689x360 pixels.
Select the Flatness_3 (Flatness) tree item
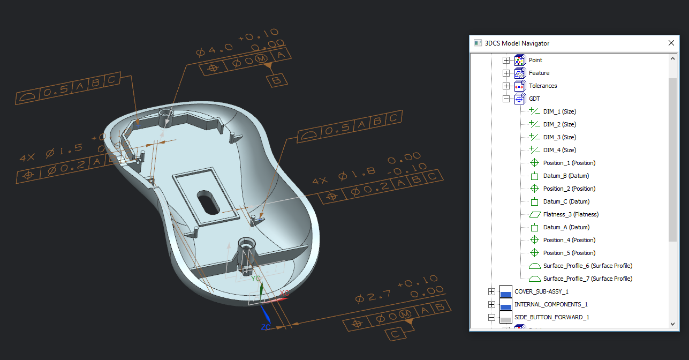[x=571, y=214]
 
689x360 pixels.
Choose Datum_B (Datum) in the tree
[x=566, y=176]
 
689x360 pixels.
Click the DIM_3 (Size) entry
[x=559, y=137]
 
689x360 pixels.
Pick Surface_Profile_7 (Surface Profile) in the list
[x=587, y=279]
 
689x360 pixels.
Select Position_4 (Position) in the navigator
[x=569, y=240]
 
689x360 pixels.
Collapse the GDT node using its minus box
[x=506, y=99]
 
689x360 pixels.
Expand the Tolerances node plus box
[x=506, y=86]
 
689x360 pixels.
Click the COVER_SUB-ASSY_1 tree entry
[x=541, y=291]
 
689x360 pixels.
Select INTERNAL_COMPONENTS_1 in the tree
[x=543, y=304]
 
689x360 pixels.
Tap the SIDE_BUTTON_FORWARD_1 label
[x=551, y=317]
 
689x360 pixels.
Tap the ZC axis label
[x=266, y=327]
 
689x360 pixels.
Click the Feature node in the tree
[x=539, y=73]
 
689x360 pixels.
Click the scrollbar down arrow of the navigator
[x=673, y=324]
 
